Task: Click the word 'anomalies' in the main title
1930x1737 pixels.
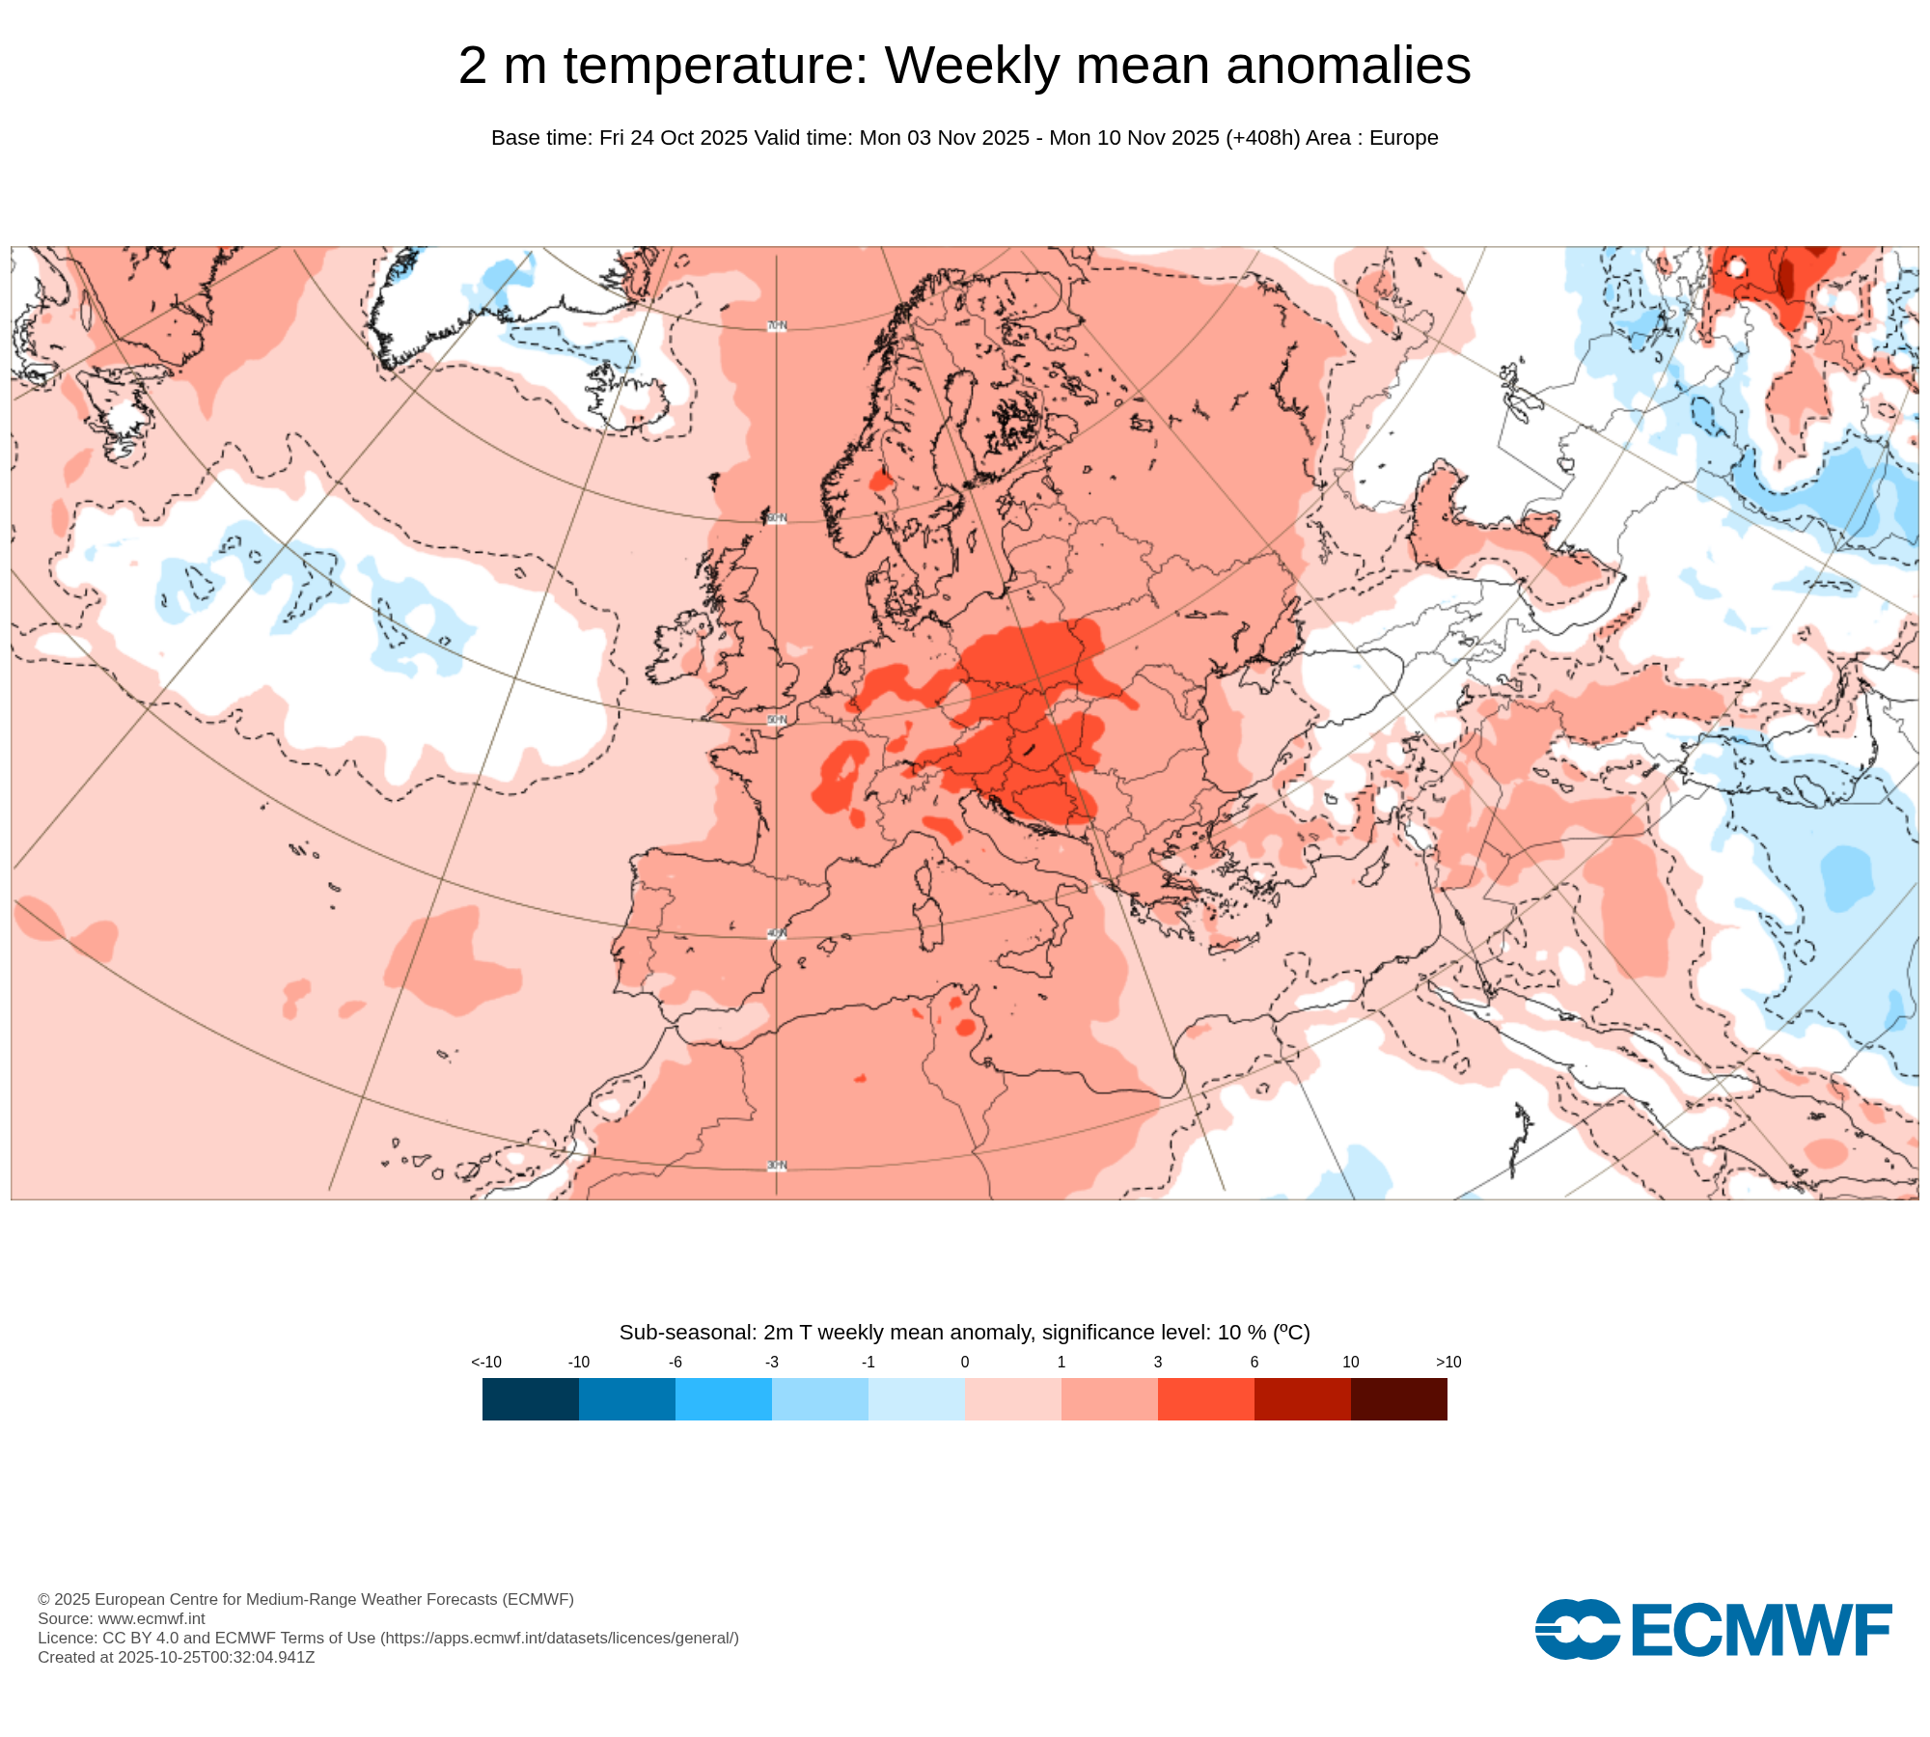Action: (x=1348, y=67)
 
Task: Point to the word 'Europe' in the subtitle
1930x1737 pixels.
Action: (x=1403, y=138)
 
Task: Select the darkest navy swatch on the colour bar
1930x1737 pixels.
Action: (x=530, y=1399)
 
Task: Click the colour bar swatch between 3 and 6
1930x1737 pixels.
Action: (x=1205, y=1399)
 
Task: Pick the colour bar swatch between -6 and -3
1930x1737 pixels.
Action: (x=723, y=1399)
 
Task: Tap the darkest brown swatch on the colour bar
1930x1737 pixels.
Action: (x=1398, y=1399)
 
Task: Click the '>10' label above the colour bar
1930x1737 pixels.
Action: (x=1447, y=1363)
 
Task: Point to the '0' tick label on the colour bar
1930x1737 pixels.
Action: (x=965, y=1363)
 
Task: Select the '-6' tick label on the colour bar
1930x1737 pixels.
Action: (x=675, y=1363)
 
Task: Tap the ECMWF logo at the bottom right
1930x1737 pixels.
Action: (x=1713, y=1630)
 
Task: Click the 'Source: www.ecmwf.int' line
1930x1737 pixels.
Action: (x=121, y=1618)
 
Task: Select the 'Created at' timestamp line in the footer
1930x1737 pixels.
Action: (x=176, y=1657)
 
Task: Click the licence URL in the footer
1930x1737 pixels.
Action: (x=560, y=1638)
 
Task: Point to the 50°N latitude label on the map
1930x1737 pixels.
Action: (x=777, y=721)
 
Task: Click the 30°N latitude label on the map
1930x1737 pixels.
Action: (x=777, y=1166)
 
